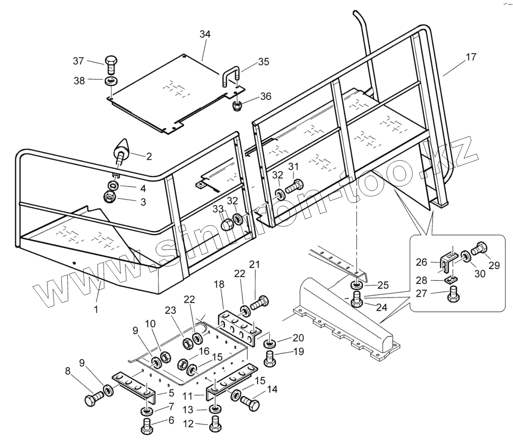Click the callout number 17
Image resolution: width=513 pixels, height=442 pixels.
pos(471,56)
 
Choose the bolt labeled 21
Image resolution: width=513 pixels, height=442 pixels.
pos(258,303)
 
